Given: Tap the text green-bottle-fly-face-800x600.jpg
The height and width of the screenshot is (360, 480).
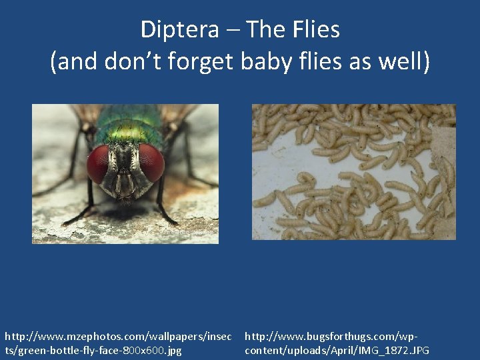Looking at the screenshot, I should tap(93, 350).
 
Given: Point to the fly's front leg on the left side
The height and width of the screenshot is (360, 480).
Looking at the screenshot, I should tap(87, 200).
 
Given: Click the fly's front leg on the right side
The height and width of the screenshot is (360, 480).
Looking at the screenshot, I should tap(163, 200).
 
